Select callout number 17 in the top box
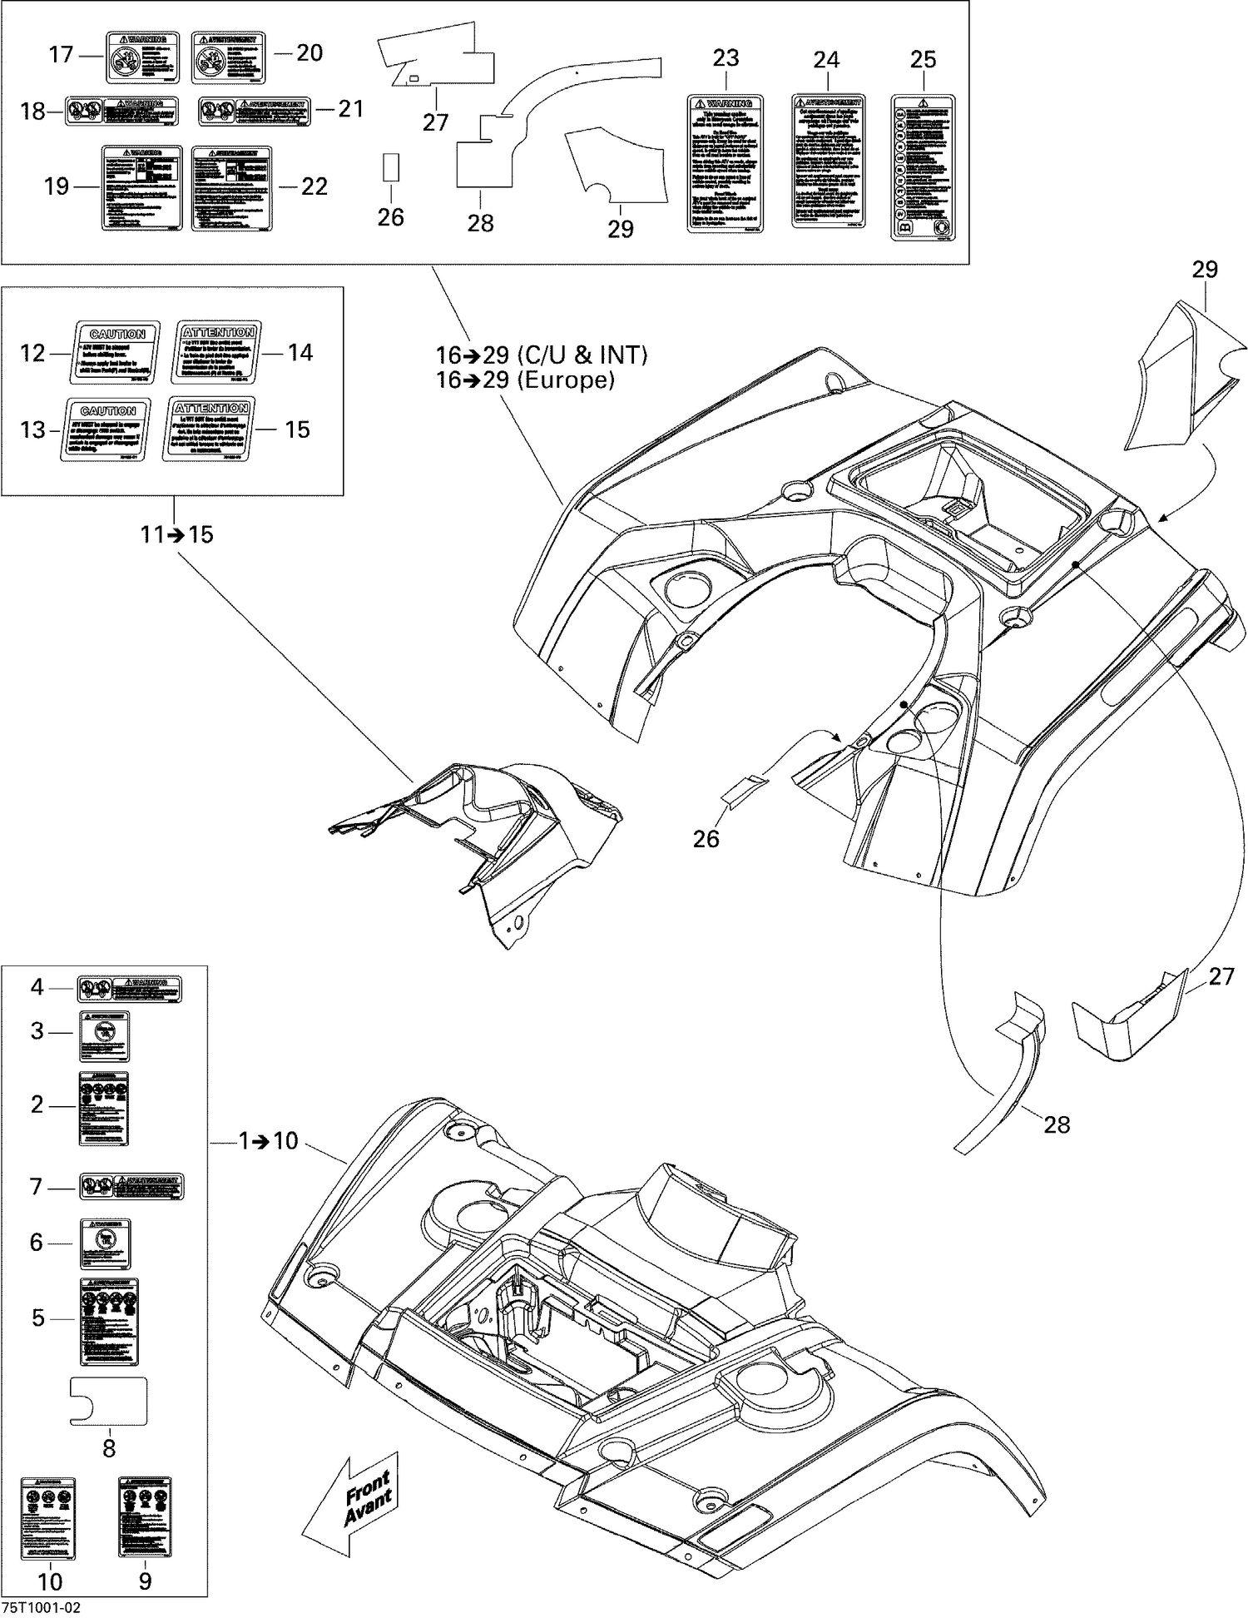(61, 55)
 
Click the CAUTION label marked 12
(116, 353)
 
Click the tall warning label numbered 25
(923, 168)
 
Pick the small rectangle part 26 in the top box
(390, 167)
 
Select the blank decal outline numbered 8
(108, 1401)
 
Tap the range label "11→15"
(176, 534)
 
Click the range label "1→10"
(268, 1141)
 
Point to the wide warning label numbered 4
(130, 990)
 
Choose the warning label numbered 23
(725, 164)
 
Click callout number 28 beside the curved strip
(1056, 1125)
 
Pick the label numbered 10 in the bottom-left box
(48, 1517)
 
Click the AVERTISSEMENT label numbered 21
(255, 112)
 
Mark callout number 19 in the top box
(56, 186)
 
